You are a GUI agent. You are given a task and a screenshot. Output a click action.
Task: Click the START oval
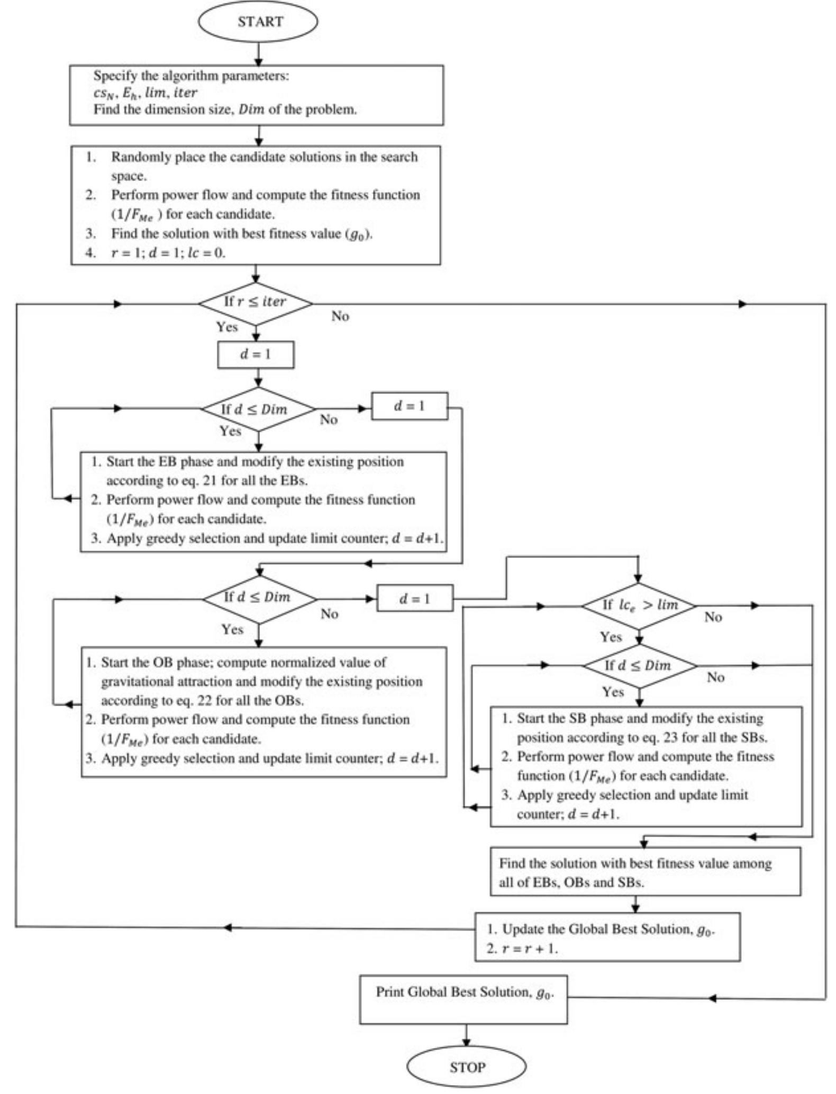click(x=258, y=22)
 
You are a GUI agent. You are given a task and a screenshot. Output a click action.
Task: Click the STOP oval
click(x=467, y=1067)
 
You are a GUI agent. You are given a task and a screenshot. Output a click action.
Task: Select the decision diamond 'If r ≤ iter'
click(x=256, y=303)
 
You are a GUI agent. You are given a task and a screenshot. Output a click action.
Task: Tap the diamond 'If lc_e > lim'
click(x=639, y=606)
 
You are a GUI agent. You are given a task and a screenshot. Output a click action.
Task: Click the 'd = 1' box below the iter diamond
click(x=256, y=354)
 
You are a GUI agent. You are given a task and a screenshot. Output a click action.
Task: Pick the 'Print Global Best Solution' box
click(x=464, y=999)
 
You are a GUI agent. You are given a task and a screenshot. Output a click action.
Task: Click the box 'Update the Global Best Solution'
click(x=607, y=937)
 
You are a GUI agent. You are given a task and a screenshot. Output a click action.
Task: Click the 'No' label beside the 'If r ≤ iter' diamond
click(x=340, y=316)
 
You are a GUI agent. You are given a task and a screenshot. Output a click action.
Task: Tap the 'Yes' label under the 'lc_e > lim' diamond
click(x=610, y=637)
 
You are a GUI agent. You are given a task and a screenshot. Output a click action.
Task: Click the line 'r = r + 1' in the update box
click(x=529, y=949)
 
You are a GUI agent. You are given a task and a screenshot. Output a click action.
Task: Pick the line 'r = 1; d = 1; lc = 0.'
click(x=168, y=253)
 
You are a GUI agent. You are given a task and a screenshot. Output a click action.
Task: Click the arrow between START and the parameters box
click(x=259, y=53)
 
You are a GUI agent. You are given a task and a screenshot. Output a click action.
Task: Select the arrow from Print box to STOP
click(x=466, y=1035)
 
